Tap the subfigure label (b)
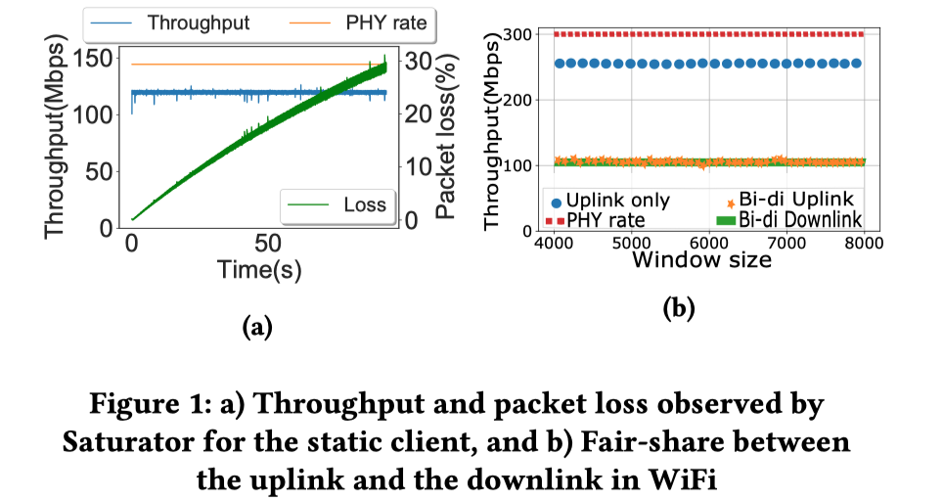click(x=679, y=309)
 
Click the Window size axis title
click(x=701, y=259)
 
